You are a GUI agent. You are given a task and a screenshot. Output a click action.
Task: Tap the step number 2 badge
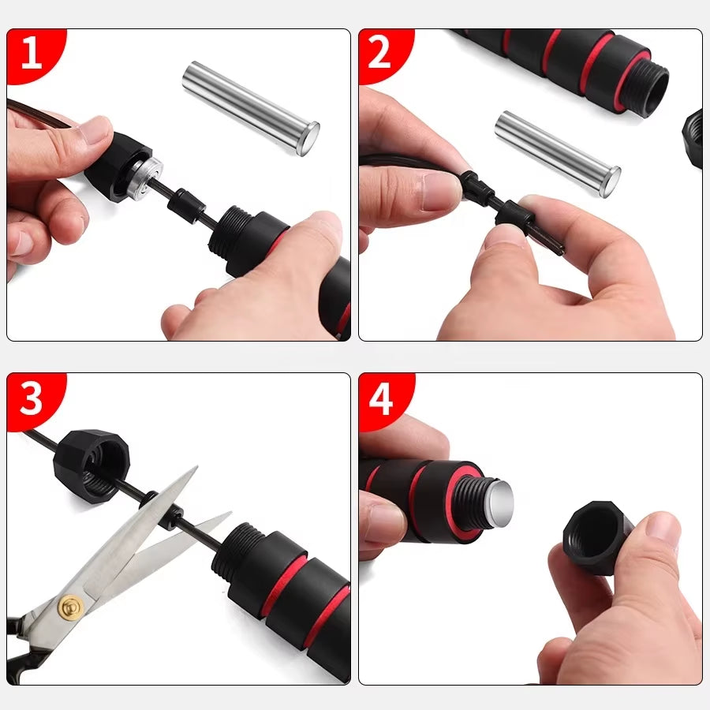pos(379,53)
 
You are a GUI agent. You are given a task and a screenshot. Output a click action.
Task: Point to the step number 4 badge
pos(381,399)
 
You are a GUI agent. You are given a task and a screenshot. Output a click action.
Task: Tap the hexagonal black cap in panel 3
pos(91,465)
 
